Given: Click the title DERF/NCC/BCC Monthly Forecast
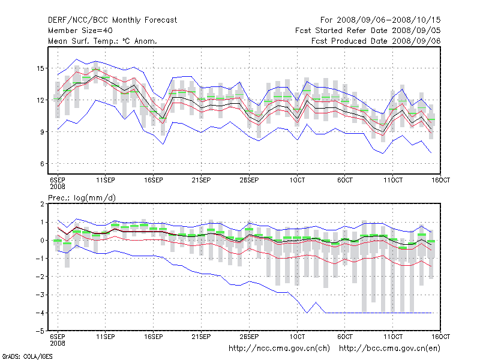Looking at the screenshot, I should tap(112, 20).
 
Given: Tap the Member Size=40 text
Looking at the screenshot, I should tap(80, 31).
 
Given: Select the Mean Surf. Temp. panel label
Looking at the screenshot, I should tap(103, 41).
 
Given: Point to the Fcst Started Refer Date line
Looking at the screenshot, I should tap(368, 31).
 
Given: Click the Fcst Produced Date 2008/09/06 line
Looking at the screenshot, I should tap(376, 41).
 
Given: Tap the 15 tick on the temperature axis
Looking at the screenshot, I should tap(41, 68).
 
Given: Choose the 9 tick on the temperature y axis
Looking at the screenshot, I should tap(43, 132).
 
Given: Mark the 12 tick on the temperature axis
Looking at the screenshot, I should tap(41, 100).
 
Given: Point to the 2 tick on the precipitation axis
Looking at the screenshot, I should tap(43, 204).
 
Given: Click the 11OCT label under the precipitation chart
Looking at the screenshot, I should tap(392, 337).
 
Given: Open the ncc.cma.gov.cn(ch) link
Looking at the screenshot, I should tap(280, 348).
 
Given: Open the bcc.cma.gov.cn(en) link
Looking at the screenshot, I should tap(389, 348).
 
